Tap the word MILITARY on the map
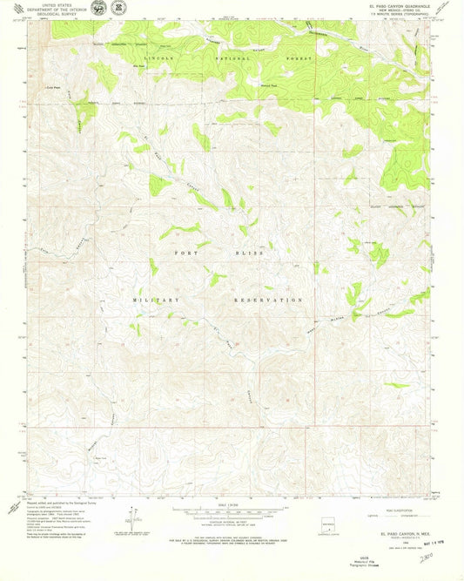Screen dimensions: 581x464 click(x=156, y=299)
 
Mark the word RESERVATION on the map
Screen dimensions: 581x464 click(x=269, y=299)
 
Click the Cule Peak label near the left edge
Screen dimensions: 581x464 click(x=53, y=88)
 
